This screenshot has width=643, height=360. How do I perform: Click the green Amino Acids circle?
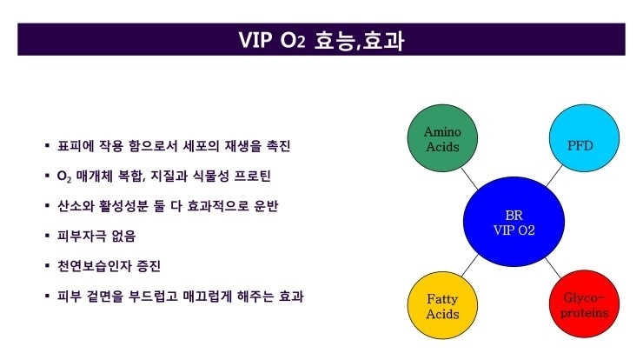(x=441, y=138)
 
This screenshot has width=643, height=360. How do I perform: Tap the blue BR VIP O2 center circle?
(x=513, y=221)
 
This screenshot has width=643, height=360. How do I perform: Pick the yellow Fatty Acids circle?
(x=441, y=305)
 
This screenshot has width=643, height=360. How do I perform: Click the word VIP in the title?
(x=258, y=41)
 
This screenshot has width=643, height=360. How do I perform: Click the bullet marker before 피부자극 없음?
(x=48, y=236)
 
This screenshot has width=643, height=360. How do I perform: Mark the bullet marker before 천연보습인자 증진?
(x=48, y=265)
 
